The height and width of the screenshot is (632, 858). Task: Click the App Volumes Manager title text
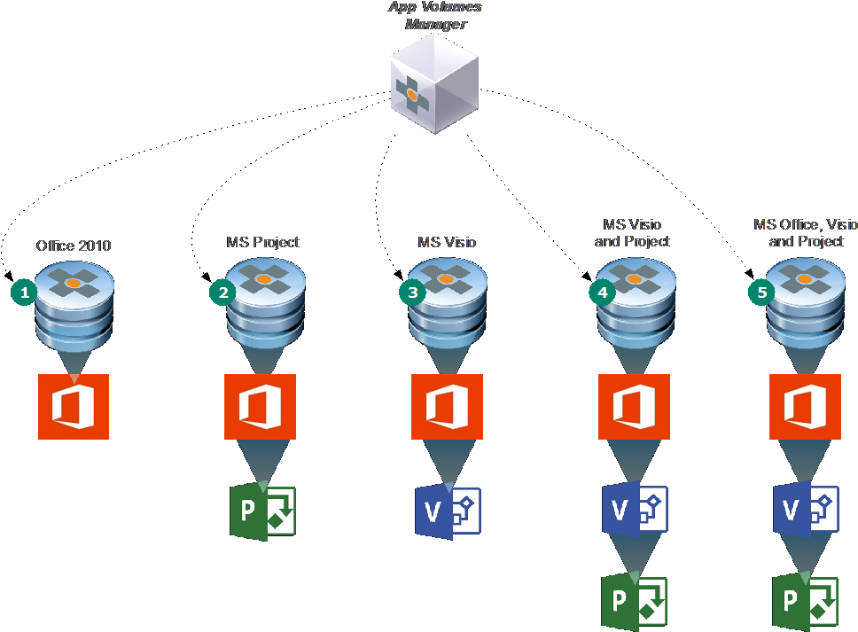point(435,16)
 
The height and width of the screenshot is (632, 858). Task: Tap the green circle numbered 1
point(25,292)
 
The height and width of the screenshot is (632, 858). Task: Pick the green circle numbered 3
point(411,292)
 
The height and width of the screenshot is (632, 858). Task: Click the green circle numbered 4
point(603,292)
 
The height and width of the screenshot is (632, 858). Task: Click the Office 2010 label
point(74,246)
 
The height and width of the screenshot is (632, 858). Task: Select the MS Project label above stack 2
point(262,242)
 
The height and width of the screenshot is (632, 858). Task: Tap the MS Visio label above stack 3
point(447,242)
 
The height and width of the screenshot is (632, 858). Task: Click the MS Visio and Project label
point(632,233)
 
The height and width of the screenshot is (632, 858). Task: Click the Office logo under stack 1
point(74,407)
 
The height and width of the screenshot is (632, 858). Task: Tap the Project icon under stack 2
point(262,511)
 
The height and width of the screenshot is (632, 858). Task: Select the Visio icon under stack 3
point(448,512)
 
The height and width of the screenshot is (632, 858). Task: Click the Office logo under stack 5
point(805,407)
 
